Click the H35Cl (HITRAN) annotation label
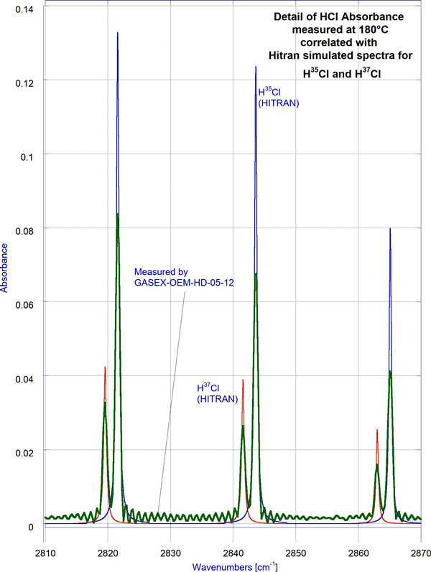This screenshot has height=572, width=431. click(278, 98)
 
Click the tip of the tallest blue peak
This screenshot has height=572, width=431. click(117, 32)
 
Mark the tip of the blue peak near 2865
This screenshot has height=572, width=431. click(390, 228)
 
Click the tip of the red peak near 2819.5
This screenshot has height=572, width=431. click(105, 367)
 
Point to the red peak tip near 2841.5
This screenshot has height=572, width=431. click(243, 380)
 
